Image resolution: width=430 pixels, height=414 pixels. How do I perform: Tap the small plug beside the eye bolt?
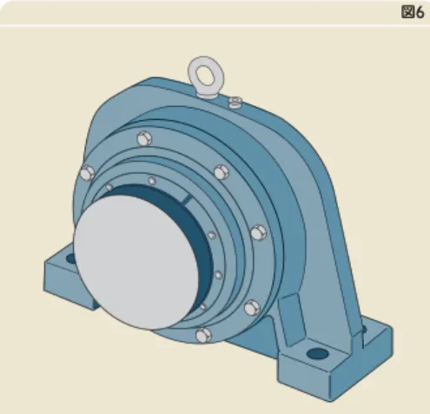(235, 102)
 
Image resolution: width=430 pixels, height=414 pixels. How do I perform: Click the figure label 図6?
(413, 12)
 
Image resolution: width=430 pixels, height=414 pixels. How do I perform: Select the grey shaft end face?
(136, 262)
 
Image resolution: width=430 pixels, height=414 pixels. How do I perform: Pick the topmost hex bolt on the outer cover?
(144, 139)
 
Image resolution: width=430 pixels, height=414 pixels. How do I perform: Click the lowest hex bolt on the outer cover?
(204, 336)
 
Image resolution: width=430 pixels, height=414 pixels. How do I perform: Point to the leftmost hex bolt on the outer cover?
(87, 173)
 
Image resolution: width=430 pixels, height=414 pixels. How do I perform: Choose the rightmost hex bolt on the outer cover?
(258, 233)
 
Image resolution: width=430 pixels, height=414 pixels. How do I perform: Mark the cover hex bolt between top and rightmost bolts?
(222, 172)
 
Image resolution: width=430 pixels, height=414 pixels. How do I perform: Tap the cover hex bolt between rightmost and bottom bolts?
(252, 308)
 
